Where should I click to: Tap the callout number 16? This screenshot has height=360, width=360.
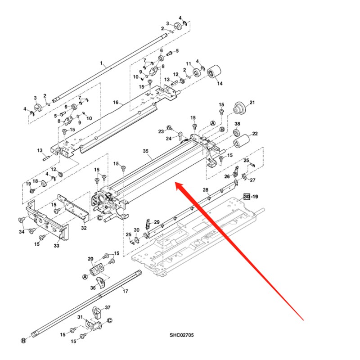click(x=116, y=103)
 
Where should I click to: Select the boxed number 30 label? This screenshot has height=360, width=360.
click(x=246, y=197)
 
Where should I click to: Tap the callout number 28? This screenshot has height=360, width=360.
click(x=206, y=190)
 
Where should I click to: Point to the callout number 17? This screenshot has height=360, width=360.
click(x=126, y=291)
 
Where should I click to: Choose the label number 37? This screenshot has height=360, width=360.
click(x=108, y=307)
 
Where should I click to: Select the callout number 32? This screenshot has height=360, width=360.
click(x=84, y=228)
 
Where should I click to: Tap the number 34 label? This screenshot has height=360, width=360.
click(x=21, y=232)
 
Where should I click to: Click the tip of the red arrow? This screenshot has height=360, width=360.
click(x=175, y=183)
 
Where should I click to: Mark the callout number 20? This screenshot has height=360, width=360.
click(x=90, y=259)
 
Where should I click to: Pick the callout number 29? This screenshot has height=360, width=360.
click(x=157, y=222)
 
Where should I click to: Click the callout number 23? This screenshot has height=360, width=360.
click(x=161, y=131)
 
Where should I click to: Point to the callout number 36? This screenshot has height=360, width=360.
click(x=93, y=288)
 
